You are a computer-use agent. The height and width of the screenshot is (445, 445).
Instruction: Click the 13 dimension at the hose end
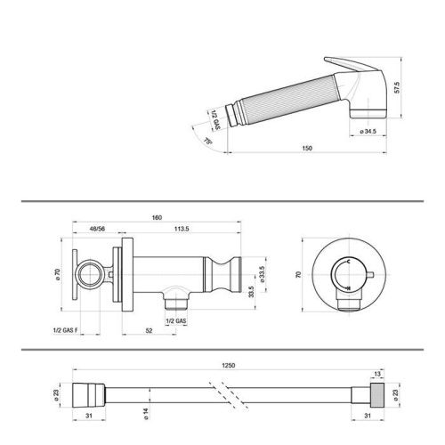click(377, 375)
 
